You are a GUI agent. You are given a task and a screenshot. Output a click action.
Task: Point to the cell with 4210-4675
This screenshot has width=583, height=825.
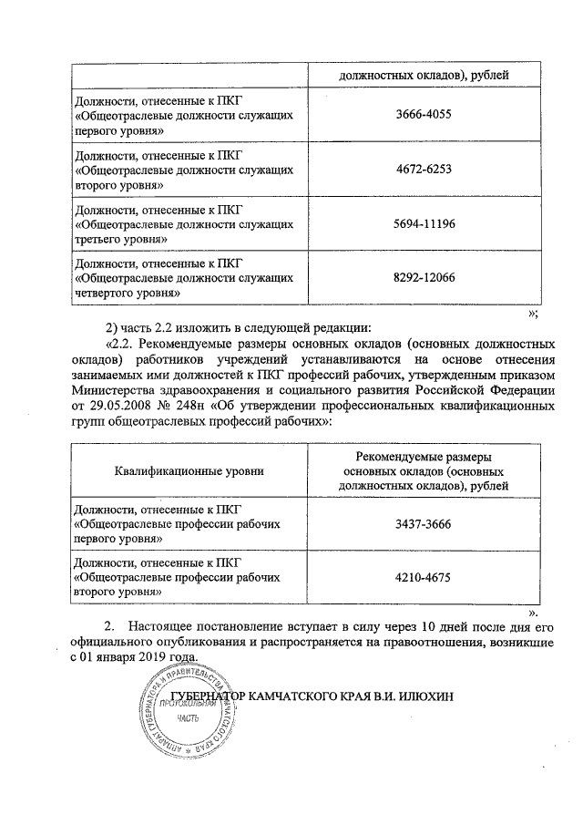coord(424,576)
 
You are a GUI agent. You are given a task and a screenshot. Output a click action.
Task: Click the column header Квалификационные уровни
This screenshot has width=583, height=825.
coord(189,470)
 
